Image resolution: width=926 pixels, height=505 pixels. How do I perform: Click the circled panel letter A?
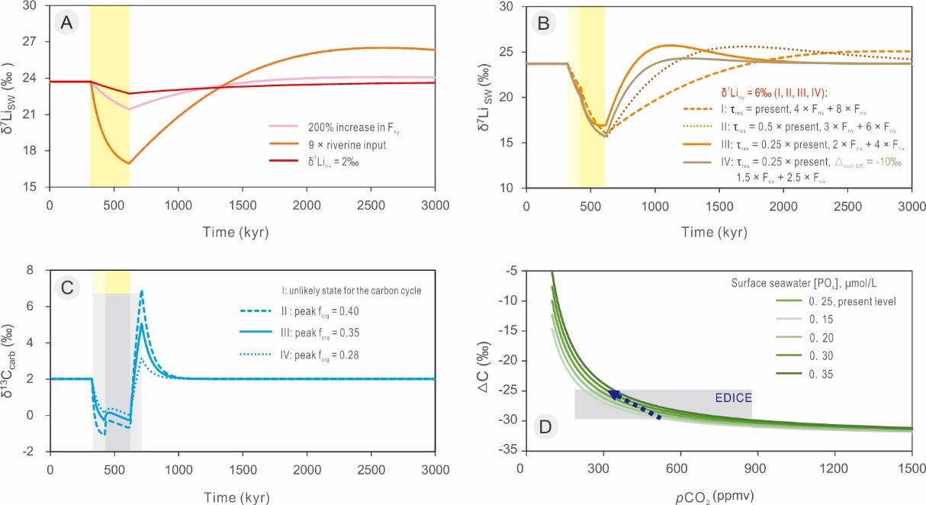pyautogui.click(x=65, y=23)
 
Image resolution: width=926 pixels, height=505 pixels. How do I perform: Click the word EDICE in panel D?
pyautogui.click(x=732, y=398)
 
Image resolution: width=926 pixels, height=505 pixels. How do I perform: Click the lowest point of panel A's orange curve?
pyautogui.click(x=129, y=163)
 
